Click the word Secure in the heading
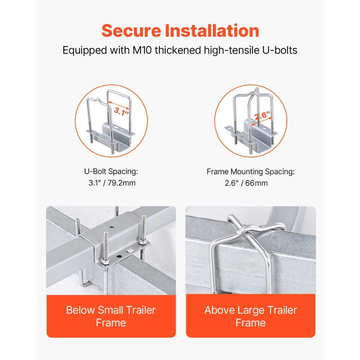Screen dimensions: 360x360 131,31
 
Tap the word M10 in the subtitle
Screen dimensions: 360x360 142,50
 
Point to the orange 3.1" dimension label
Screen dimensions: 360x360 121,112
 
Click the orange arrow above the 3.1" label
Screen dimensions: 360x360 119,105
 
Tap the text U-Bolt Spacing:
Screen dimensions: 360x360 111,171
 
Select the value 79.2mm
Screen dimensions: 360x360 121,183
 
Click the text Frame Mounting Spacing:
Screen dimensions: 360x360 251,172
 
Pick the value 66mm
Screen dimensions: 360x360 256,183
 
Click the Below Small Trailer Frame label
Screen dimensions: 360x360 111,316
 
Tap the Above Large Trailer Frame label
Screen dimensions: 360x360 251,316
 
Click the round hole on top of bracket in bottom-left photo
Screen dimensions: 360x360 112,227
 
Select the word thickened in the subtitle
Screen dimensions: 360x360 178,50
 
